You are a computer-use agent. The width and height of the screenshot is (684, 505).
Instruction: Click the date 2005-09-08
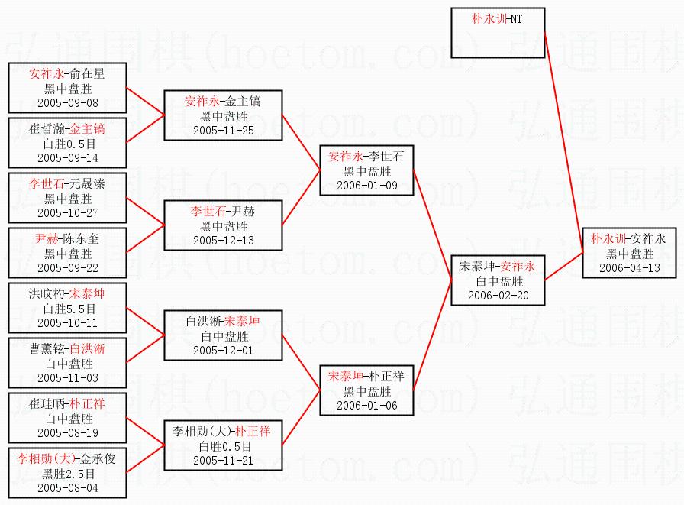click(x=68, y=102)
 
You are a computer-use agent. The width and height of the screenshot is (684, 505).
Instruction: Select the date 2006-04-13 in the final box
click(x=630, y=268)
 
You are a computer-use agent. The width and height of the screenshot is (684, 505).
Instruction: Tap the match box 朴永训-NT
click(x=497, y=18)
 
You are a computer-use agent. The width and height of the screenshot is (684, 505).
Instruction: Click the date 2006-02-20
click(x=498, y=295)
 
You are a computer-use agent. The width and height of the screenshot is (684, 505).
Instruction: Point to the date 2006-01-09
click(x=367, y=185)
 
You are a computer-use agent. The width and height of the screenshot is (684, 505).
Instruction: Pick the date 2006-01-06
click(x=367, y=405)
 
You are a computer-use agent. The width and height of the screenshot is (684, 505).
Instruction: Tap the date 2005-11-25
click(x=224, y=130)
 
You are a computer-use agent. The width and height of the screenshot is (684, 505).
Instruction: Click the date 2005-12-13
click(x=224, y=240)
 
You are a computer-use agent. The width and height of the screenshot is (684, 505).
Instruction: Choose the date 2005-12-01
click(x=224, y=350)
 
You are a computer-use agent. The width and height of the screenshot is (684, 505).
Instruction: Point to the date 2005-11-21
click(x=224, y=460)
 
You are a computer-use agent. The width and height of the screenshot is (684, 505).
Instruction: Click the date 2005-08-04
click(x=68, y=487)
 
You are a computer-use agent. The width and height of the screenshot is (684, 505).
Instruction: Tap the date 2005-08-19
click(x=68, y=432)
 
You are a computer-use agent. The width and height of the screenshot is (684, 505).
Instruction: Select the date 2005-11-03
click(x=68, y=377)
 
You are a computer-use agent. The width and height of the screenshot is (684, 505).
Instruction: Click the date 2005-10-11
click(x=68, y=322)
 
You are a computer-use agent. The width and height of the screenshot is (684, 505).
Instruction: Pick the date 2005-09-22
click(x=68, y=267)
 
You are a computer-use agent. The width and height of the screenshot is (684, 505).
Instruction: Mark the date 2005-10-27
click(x=68, y=212)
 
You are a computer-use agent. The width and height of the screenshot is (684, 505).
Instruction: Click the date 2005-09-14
click(x=68, y=157)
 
